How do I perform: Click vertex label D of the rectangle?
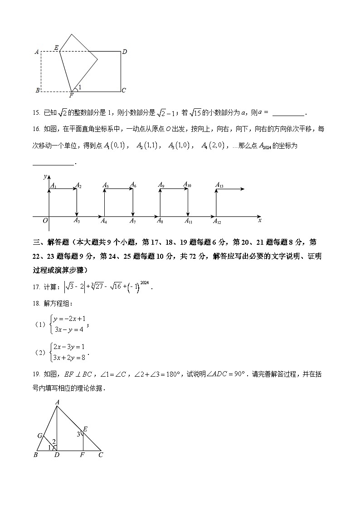124,52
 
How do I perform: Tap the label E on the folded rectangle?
56,48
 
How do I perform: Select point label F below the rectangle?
71,96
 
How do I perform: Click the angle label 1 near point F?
80,87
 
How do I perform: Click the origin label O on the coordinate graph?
45,221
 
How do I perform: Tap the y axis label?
44,176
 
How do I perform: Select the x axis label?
259,220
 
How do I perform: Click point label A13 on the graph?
219,185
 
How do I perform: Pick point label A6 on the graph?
133,184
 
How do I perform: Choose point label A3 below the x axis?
77,221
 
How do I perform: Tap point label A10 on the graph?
187,184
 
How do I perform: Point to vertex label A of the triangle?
58,402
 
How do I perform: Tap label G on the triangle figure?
40,436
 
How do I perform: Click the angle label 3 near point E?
78,434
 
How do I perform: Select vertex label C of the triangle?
100,455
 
